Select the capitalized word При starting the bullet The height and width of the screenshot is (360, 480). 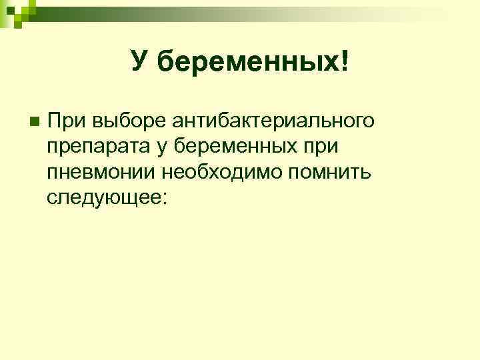click(x=67, y=122)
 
